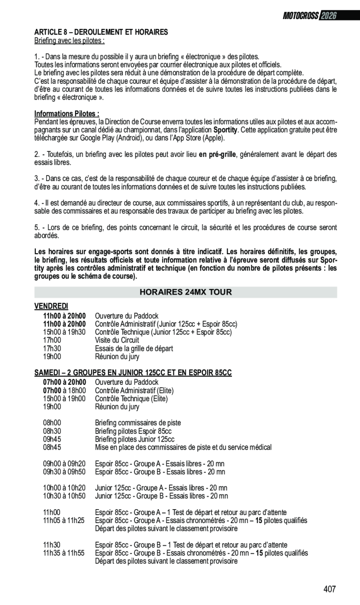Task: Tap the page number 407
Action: click(329, 589)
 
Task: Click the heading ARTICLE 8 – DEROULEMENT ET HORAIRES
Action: click(101, 32)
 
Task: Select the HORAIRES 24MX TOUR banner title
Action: click(185, 292)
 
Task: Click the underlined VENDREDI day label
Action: click(51, 306)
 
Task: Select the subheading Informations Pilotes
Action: click(67, 114)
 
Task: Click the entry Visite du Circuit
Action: click(117, 340)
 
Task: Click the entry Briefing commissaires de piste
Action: click(138, 423)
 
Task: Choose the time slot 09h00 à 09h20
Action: click(64, 464)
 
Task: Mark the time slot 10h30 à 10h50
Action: click(64, 496)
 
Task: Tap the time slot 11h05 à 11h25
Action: click(64, 520)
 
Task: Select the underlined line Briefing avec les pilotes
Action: click(69, 40)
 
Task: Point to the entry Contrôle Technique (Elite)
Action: click(131, 398)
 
